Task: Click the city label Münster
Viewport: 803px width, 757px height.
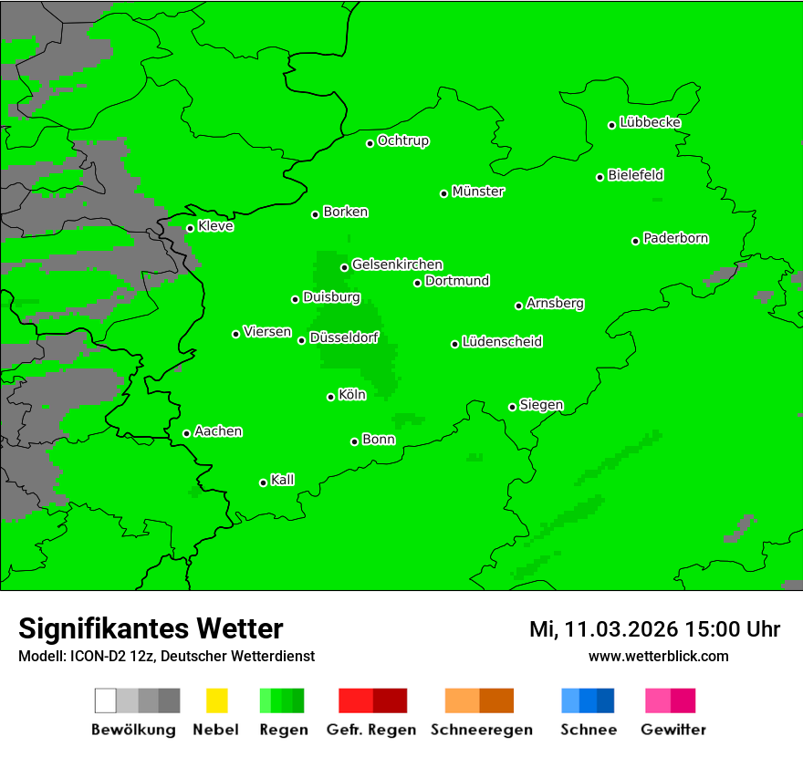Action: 478,192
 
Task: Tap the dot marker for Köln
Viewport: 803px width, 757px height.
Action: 331,397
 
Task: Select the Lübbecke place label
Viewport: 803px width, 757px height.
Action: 650,122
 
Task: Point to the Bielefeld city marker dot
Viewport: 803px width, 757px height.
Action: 600,177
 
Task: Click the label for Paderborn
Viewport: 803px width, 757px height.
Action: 675,238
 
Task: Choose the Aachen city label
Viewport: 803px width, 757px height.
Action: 218,431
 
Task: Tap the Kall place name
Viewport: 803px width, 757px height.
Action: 282,480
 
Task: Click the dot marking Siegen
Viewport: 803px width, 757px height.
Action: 513,407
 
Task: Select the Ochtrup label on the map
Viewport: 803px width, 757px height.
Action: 403,140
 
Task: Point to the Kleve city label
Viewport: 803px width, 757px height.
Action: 215,226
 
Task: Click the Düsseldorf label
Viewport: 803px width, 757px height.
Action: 344,337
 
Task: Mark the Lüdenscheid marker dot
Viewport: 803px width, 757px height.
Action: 454,344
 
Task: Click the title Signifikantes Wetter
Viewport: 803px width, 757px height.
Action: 151,628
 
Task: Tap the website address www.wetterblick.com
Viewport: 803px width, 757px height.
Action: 658,656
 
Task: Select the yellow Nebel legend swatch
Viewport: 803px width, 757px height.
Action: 216,700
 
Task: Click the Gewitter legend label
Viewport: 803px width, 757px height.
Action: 673,730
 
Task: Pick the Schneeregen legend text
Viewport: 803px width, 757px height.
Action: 481,730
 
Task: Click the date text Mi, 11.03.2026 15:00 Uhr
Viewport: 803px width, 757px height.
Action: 654,629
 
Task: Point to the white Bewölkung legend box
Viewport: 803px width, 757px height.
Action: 106,700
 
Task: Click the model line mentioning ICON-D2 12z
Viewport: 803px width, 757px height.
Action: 166,656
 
